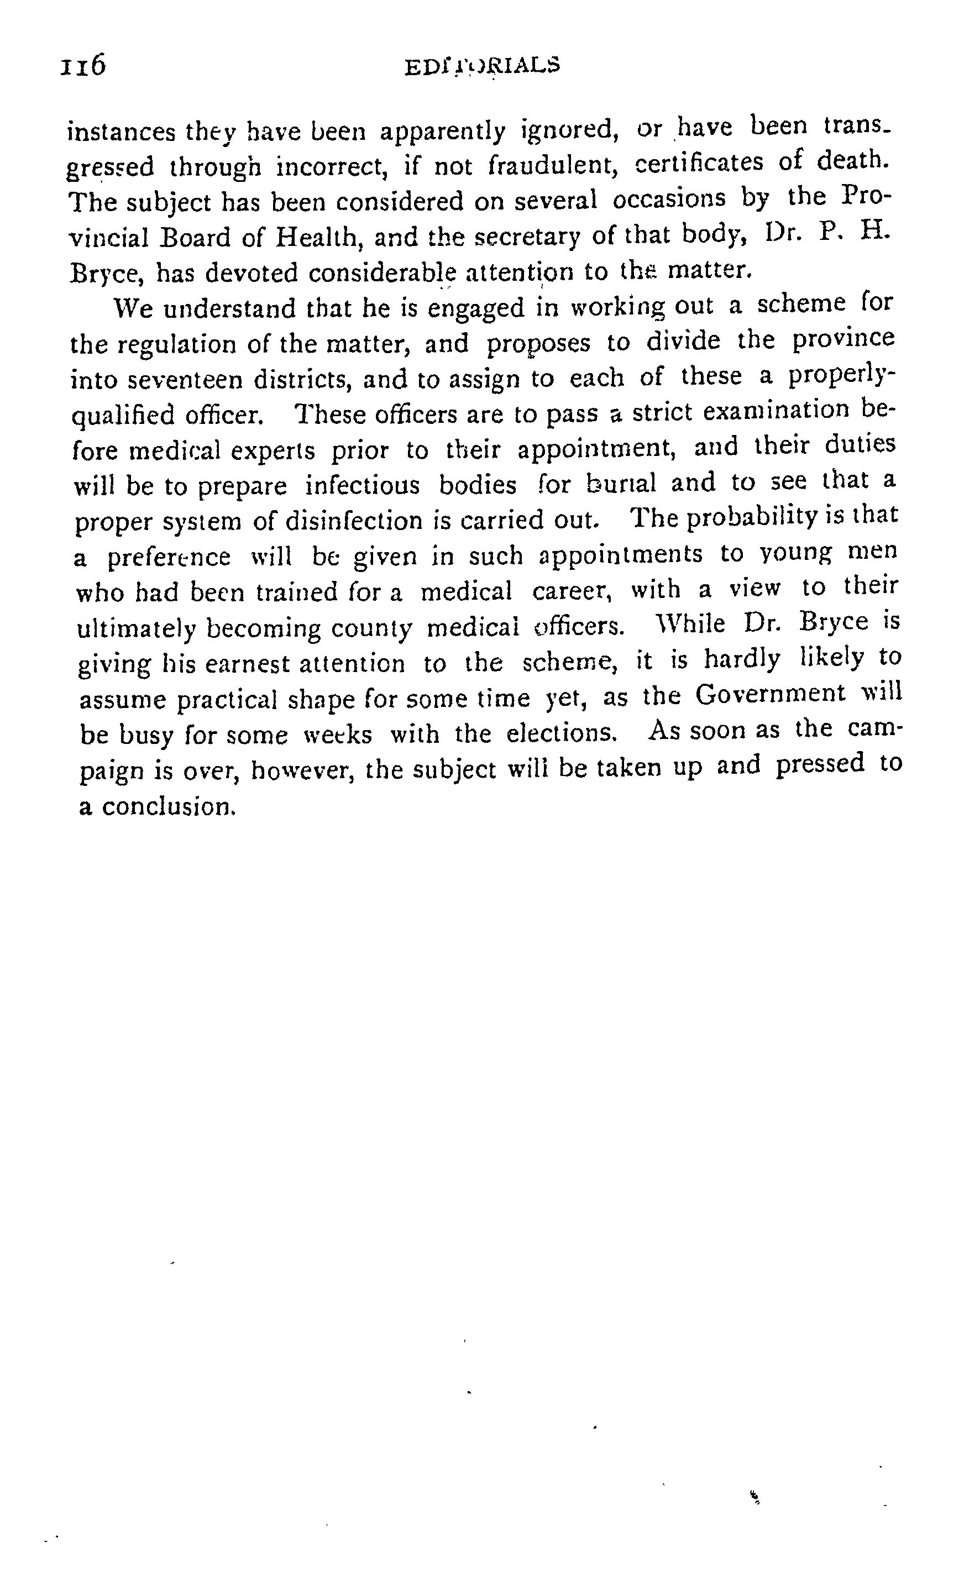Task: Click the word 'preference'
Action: coord(169,557)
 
